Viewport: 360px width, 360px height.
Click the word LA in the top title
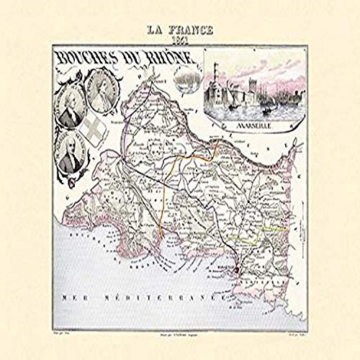coord(156,31)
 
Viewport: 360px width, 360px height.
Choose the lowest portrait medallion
coord(71,152)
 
